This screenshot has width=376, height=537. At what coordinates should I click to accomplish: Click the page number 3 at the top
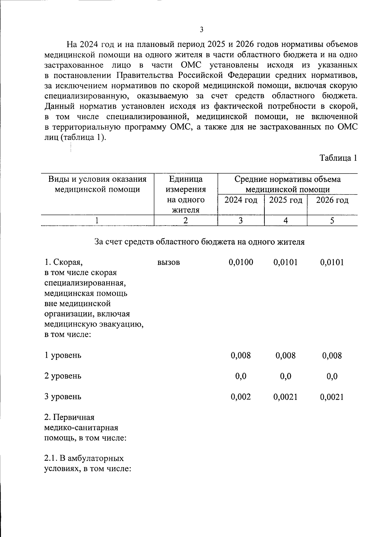(201, 30)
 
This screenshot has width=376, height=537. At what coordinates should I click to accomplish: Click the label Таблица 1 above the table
(338, 158)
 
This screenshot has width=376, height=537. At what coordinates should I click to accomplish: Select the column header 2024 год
(241, 200)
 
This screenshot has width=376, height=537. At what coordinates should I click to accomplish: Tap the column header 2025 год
(285, 200)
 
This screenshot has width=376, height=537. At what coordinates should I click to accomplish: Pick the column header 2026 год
(332, 200)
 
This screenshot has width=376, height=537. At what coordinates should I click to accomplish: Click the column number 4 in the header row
(285, 221)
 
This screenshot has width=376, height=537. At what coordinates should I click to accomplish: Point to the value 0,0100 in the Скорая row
(241, 262)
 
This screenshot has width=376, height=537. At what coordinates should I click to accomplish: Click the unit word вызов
(169, 262)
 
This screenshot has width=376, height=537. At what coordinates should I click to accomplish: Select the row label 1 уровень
(63, 355)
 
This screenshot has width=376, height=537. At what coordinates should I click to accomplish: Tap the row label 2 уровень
(63, 376)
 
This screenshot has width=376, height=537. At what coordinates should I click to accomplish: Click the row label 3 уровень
(63, 397)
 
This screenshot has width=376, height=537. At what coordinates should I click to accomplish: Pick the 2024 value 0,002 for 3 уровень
(241, 397)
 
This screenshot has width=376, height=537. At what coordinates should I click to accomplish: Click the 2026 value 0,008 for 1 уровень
(332, 356)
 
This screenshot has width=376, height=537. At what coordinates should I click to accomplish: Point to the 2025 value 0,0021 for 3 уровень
(285, 397)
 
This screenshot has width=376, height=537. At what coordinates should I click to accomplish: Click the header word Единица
(186, 179)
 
